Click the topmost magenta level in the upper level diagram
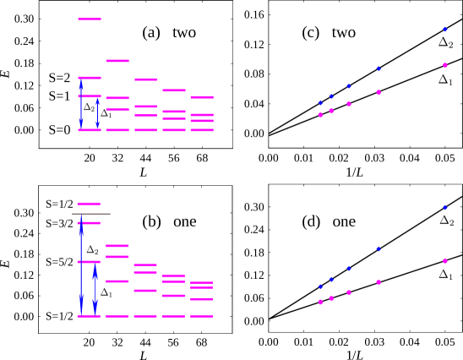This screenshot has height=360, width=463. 90,19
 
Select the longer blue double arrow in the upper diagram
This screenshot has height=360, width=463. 81,104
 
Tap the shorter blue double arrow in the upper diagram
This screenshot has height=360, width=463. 97,113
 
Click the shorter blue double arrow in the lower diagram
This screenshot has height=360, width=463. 95,290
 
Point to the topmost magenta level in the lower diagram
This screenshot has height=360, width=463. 89,204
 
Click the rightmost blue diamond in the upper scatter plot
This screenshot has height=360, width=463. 445,30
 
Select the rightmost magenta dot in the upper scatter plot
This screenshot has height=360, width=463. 445,65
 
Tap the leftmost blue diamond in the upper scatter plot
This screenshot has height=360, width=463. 320,103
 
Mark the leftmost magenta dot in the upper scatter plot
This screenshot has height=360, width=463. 320,115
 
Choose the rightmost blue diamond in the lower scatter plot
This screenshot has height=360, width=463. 445,208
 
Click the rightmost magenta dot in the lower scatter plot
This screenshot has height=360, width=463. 445,261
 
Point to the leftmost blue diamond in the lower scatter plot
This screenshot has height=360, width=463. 320,286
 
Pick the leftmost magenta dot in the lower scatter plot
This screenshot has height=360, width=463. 320,302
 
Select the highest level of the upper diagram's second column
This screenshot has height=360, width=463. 117,61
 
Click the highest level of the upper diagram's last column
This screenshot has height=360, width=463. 202,97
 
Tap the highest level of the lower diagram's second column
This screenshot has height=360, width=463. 117,246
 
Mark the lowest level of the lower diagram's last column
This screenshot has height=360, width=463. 202,316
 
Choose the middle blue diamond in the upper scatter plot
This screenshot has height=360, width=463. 349,86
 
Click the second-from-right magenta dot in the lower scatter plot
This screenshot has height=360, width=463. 379,282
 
